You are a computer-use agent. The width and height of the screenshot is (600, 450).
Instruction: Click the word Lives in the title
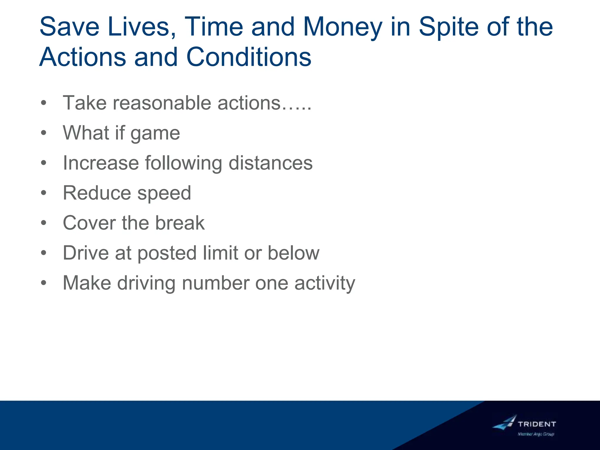pos(139,27)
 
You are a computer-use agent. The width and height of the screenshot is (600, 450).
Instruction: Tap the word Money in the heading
pos(342,27)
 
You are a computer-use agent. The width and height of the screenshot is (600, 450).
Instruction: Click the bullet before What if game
pos(44,133)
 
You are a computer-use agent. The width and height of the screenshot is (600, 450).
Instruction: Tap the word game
pos(155,134)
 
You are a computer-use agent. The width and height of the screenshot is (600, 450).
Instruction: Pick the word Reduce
pos(97,193)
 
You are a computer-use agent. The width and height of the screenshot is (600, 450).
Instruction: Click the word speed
pos(164,194)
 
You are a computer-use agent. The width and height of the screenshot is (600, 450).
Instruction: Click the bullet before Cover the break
pos(44,223)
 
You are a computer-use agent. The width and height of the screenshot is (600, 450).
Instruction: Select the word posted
pos(167,253)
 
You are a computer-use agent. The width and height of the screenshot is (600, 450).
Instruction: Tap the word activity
pos(325,284)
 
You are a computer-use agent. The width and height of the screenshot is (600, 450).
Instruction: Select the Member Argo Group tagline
pos(536,434)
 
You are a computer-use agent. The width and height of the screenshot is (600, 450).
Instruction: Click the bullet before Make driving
pos(44,283)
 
